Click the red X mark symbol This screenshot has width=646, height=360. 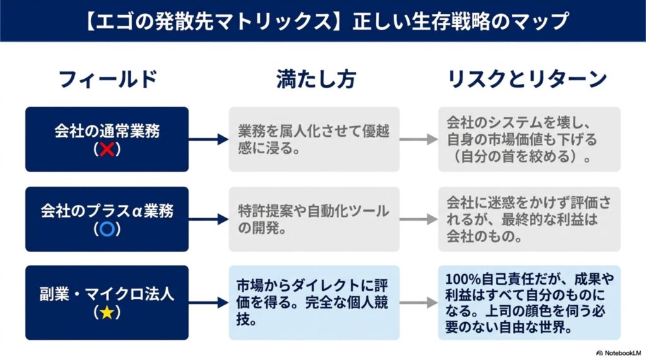[107, 149]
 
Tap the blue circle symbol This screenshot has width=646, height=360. [107, 229]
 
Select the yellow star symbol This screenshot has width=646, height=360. [107, 313]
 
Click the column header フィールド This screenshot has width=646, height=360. [108, 79]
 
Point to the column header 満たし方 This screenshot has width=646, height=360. [315, 79]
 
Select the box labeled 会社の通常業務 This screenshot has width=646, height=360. [107, 139]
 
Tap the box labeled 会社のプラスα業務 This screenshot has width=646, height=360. [107, 219]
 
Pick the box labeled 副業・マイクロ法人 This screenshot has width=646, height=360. [107, 303]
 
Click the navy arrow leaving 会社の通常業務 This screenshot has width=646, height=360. [208, 139]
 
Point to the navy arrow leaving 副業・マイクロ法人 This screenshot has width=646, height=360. [208, 303]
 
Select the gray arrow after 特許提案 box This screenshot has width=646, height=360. [419, 219]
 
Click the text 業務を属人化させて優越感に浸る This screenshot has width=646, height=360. [314, 139]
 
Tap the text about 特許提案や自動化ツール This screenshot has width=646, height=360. [314, 219]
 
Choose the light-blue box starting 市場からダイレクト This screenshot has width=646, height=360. [314, 303]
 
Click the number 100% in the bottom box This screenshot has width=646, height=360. [462, 279]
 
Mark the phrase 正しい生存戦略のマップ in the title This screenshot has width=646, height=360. [461, 21]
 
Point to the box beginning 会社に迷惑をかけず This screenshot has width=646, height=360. [529, 219]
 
